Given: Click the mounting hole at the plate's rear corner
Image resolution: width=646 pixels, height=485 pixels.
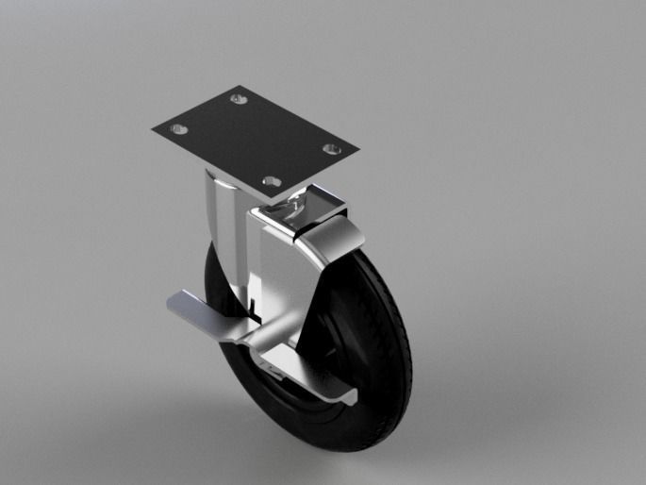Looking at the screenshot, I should pos(238,97).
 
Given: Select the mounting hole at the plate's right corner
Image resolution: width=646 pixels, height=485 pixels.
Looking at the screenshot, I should pos(331,148).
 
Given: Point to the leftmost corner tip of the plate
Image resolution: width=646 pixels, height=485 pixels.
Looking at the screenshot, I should pos(151,128).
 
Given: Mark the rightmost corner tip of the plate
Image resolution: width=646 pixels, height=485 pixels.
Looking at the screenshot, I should pos(359,150).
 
